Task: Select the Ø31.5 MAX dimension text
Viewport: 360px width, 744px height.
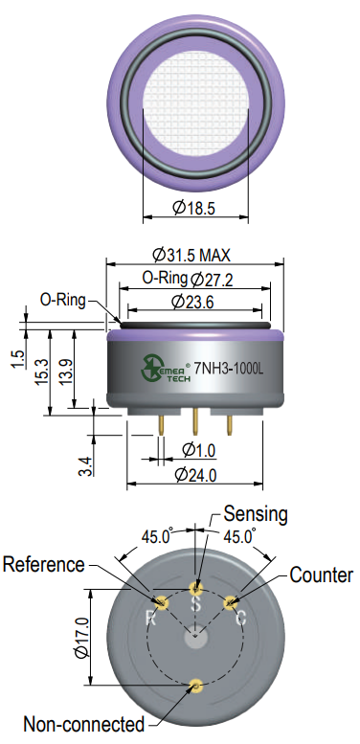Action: pyautogui.click(x=191, y=255)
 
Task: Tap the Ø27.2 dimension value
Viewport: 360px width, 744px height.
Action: pyautogui.click(x=212, y=280)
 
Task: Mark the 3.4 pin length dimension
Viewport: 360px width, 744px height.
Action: pyautogui.click(x=86, y=465)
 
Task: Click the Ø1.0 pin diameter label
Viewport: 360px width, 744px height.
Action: pyautogui.click(x=199, y=449)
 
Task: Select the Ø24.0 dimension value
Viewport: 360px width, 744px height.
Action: pyautogui.click(x=196, y=474)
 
